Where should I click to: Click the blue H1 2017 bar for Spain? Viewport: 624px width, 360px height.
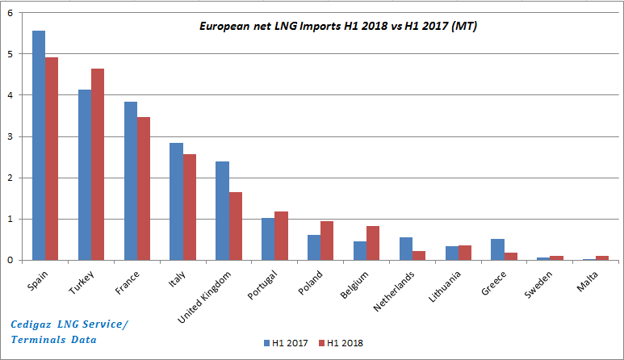tap(38, 145)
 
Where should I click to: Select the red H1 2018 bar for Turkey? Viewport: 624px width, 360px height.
tap(98, 165)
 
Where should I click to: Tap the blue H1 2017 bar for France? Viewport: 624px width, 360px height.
tap(130, 181)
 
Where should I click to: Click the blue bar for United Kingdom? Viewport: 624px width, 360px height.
tap(222, 211)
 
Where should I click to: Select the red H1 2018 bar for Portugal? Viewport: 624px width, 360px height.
tap(281, 236)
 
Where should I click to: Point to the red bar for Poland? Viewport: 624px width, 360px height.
tap(327, 241)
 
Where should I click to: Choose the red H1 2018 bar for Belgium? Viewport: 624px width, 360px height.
tap(373, 243)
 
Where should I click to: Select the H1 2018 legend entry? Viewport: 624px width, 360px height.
tap(340, 342)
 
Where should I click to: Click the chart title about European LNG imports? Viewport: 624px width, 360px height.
tap(337, 27)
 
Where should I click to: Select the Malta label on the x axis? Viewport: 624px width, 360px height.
tap(588, 278)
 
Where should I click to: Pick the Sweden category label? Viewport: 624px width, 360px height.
tap(540, 280)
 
